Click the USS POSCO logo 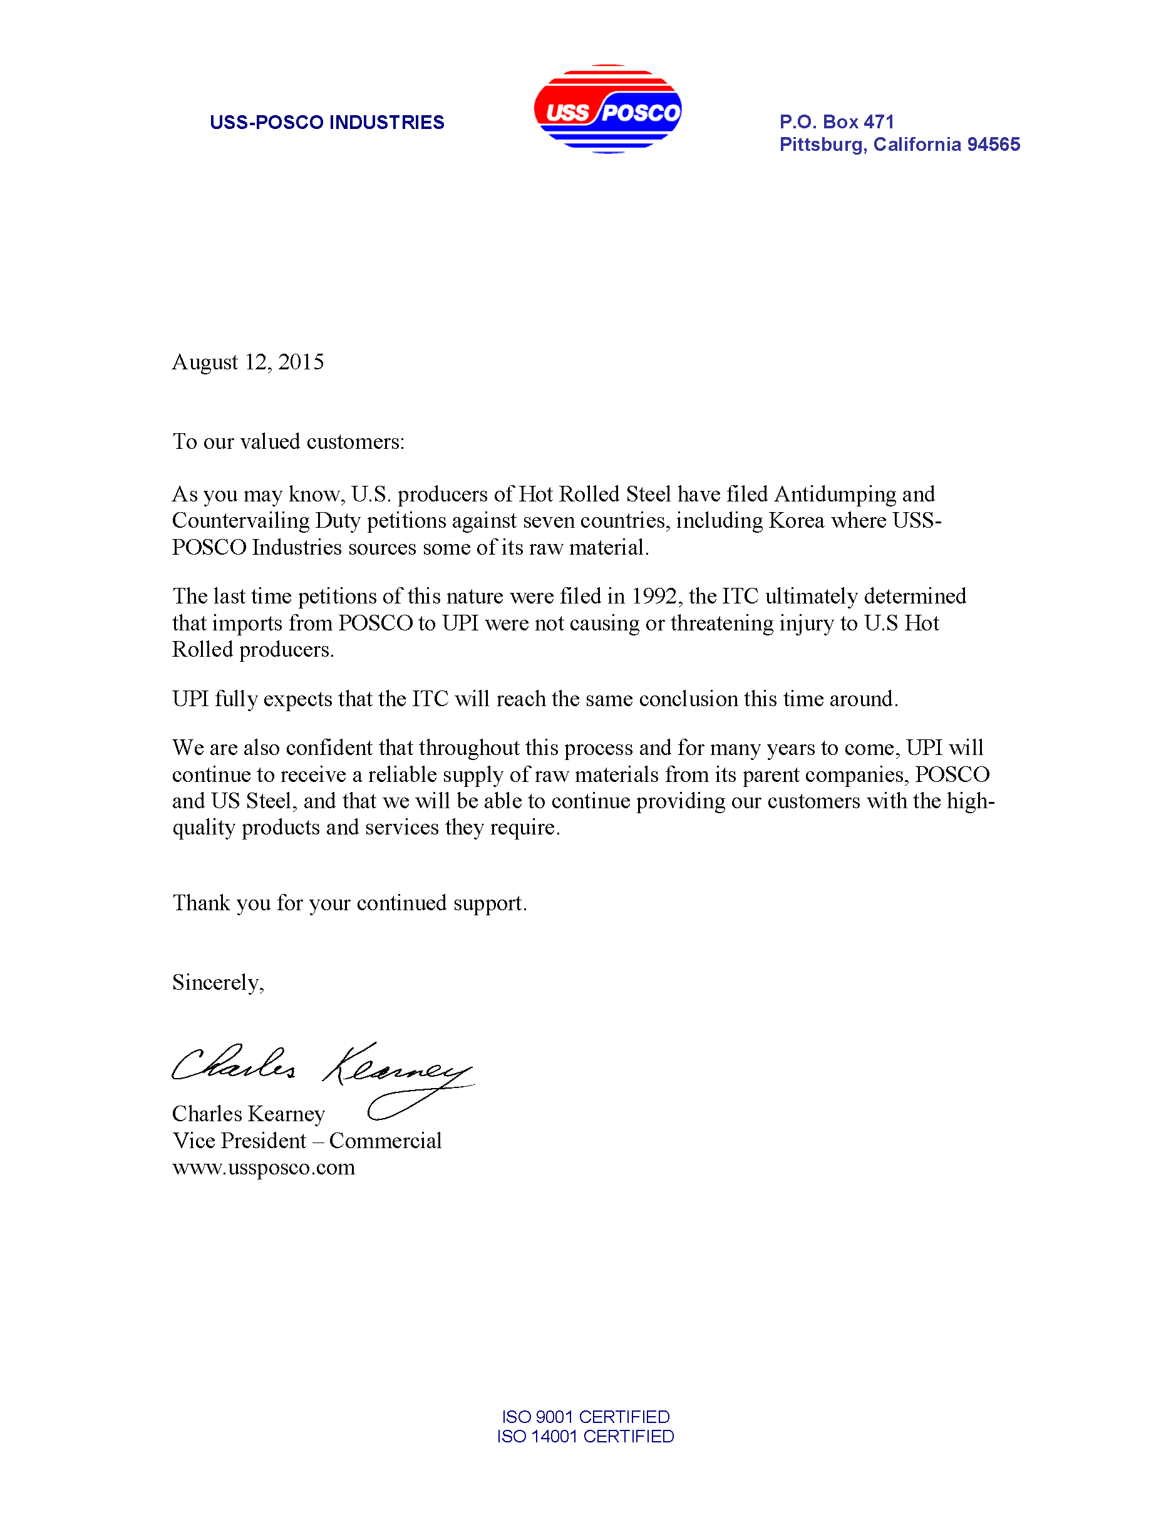[x=607, y=110]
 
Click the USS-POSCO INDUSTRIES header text [x=327, y=123]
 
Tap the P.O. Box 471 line [x=837, y=122]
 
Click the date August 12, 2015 [x=247, y=362]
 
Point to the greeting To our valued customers [x=288, y=442]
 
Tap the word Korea [x=797, y=521]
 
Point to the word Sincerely [x=217, y=983]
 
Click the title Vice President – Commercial [x=307, y=1141]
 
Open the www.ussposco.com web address [x=264, y=1168]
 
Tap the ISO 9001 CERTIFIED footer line [x=585, y=1417]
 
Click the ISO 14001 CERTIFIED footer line [x=585, y=1436]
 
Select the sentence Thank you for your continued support [x=349, y=903]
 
